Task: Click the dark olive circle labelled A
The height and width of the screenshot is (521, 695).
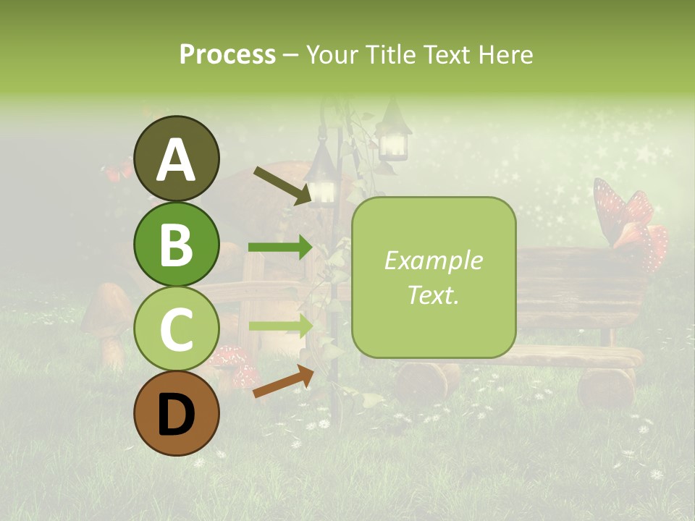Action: coord(177,158)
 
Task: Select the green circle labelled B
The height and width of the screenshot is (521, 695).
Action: coord(177,243)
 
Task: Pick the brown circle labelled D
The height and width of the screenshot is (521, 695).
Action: coord(177,413)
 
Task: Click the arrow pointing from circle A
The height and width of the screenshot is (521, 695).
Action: coord(282,185)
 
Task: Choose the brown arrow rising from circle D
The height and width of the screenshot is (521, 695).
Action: coord(283,381)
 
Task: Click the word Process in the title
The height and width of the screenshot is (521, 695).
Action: coord(227,54)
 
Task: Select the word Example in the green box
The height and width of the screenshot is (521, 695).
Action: coord(433,260)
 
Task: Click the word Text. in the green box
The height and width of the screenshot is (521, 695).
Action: coord(433,295)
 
